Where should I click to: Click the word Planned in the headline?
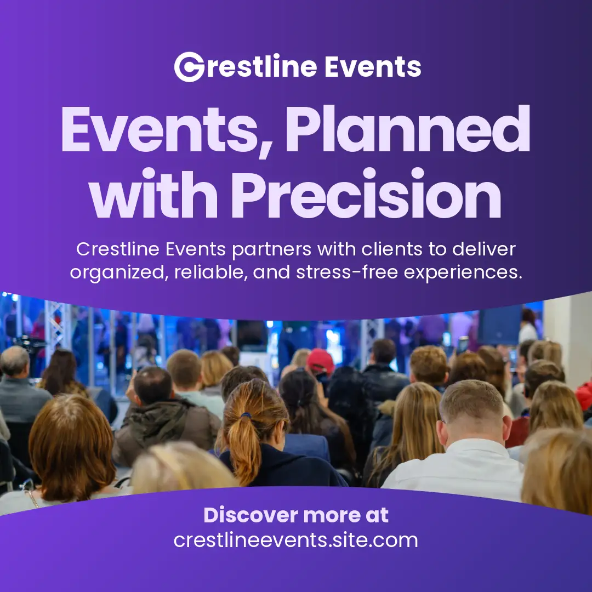point(408,129)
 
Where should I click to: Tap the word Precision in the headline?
point(366,193)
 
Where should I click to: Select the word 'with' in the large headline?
point(153,193)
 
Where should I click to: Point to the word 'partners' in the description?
point(272,250)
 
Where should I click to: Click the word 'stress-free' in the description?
point(347,272)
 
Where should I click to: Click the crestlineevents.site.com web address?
point(296,540)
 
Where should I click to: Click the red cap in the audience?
point(320,361)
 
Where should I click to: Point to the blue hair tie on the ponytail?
point(246,415)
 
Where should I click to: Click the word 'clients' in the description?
point(392,249)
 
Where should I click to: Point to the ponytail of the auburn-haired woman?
point(244,446)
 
